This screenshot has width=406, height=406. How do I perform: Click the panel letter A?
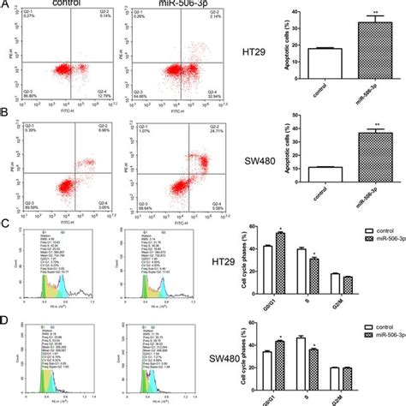click(x=5, y=5)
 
